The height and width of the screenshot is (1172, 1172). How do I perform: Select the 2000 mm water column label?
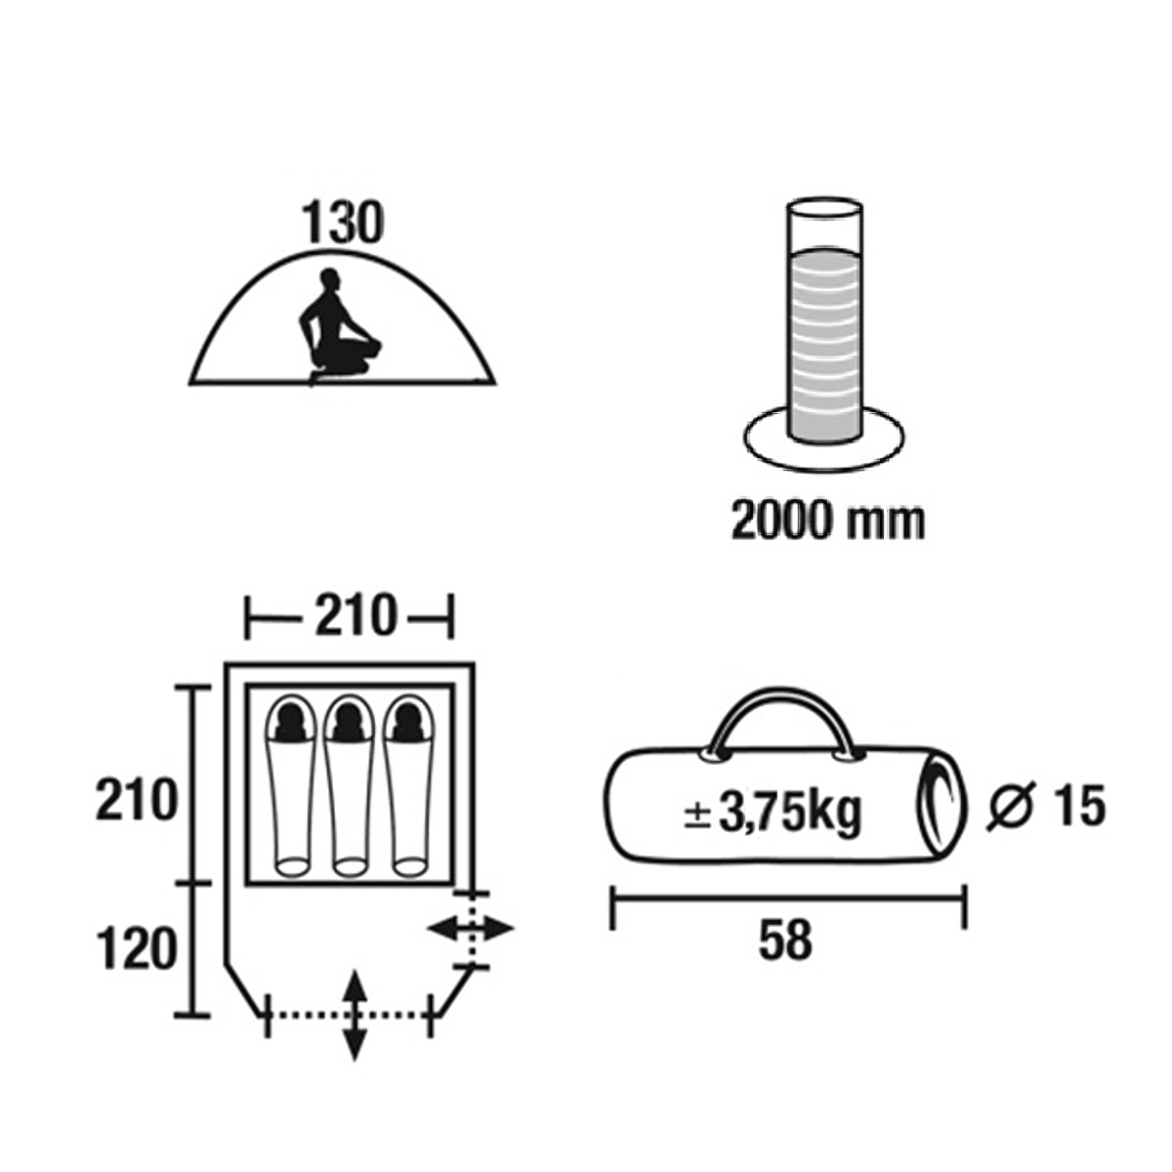pyautogui.click(x=828, y=521)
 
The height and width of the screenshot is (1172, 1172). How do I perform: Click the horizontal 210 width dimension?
pyautogui.click(x=356, y=617)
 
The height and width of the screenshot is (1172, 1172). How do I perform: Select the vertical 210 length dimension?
pyautogui.click(x=136, y=801)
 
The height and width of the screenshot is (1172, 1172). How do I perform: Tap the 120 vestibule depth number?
pyautogui.click(x=136, y=950)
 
